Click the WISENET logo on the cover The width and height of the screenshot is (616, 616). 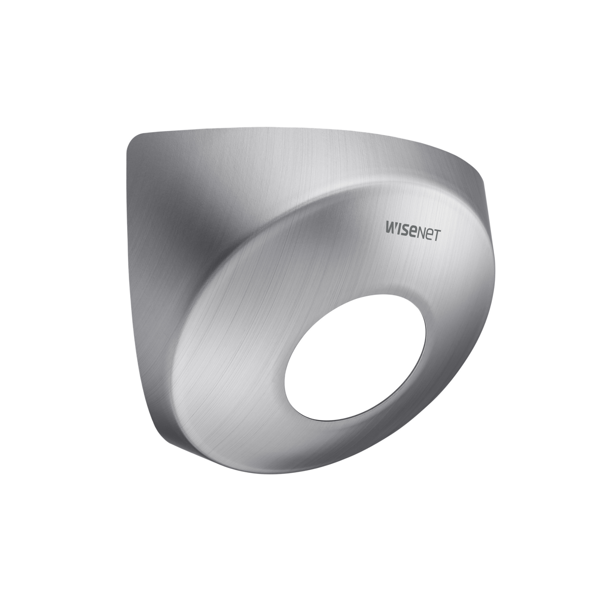[x=412, y=232]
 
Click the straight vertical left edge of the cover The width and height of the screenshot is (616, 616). [x=127, y=256]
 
